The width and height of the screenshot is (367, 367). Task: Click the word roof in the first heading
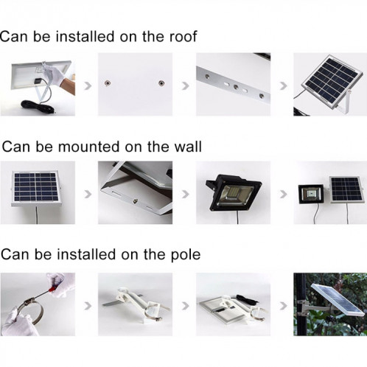click(x=181, y=36)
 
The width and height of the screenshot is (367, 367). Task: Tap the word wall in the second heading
click(x=186, y=145)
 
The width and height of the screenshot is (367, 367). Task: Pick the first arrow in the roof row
click(x=87, y=85)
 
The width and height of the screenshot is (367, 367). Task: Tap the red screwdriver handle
click(x=55, y=282)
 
